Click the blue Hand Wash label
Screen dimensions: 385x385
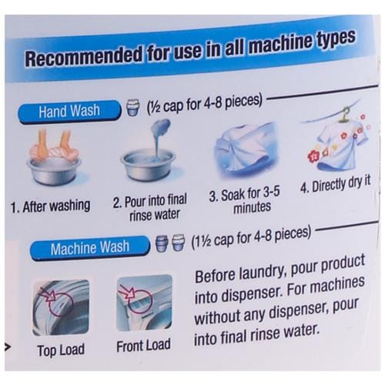click(x=69, y=112)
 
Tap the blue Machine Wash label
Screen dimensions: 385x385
click(x=90, y=247)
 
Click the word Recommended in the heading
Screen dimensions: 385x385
click(x=83, y=56)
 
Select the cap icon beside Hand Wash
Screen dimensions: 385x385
click(x=133, y=107)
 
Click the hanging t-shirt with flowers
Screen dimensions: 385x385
click(x=339, y=144)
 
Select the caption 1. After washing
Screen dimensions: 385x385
click(x=51, y=206)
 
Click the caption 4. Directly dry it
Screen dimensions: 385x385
click(x=336, y=184)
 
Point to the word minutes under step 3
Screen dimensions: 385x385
click(x=252, y=207)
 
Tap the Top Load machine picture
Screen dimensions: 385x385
click(x=61, y=307)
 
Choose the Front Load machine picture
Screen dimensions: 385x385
click(x=144, y=303)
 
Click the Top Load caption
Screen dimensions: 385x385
click(x=61, y=350)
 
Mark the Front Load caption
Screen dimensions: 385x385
click(x=143, y=346)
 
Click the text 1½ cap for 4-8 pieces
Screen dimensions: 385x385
click(x=252, y=238)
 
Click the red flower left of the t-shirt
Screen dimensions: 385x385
click(x=313, y=156)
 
